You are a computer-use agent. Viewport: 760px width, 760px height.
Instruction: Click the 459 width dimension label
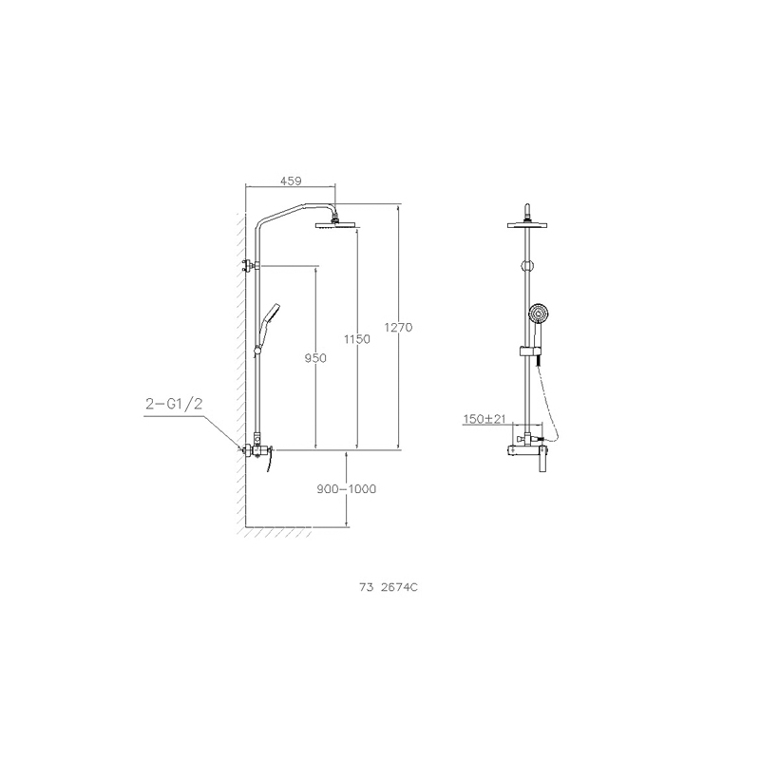pyautogui.click(x=291, y=180)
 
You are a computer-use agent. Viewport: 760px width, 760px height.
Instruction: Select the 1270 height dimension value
pyautogui.click(x=398, y=328)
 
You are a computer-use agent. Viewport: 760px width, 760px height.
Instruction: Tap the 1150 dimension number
pyautogui.click(x=357, y=339)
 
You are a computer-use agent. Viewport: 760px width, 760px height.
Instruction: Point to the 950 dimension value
pyautogui.click(x=315, y=358)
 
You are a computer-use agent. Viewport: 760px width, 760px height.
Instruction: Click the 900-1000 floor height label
pyautogui.click(x=347, y=489)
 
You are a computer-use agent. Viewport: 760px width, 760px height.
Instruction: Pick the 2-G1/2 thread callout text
pyautogui.click(x=174, y=404)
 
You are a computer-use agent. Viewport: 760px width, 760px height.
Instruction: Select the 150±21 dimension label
pyautogui.click(x=484, y=419)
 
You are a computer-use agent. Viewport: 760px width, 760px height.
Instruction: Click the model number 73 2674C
pyautogui.click(x=389, y=587)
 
